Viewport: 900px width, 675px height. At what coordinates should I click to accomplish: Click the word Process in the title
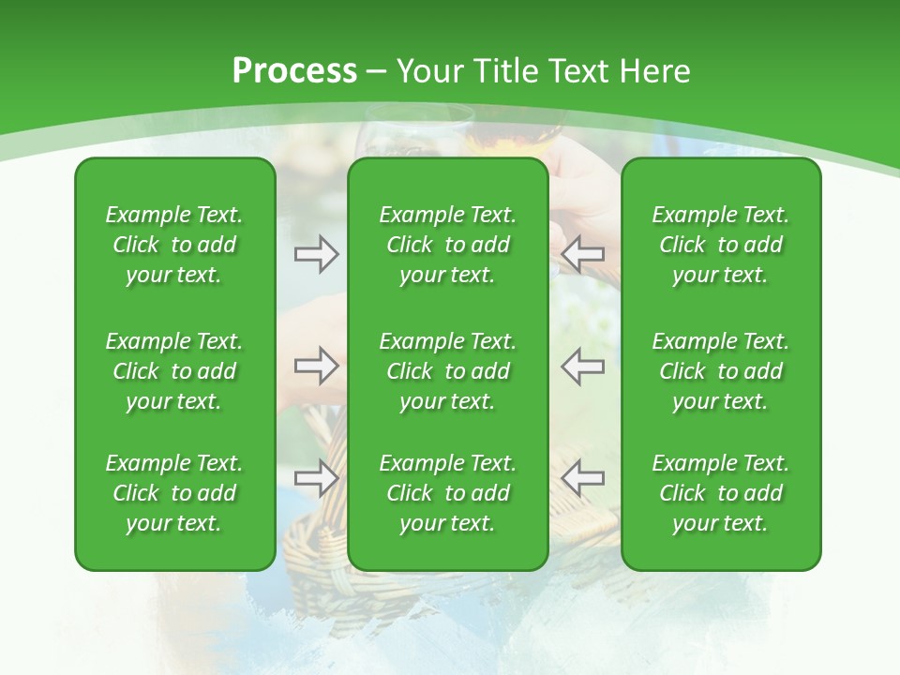(x=294, y=70)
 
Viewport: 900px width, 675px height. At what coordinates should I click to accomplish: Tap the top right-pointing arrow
(x=316, y=253)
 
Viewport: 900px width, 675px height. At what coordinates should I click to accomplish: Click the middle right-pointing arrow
(x=316, y=367)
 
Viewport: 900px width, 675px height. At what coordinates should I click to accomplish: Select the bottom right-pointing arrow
(x=316, y=477)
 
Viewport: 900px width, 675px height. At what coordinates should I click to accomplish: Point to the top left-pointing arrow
(x=583, y=253)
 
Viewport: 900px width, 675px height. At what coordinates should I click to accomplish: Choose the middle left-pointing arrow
(x=583, y=367)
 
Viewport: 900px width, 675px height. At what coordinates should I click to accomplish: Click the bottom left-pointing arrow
(x=583, y=477)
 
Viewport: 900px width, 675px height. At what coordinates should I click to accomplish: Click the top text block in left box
(x=174, y=245)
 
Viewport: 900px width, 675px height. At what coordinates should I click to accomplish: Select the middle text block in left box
(x=174, y=371)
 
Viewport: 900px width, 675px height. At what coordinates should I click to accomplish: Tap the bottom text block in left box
(x=174, y=493)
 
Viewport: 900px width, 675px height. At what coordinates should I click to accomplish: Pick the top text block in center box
(x=447, y=245)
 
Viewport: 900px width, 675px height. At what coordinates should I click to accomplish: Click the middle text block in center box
(x=447, y=371)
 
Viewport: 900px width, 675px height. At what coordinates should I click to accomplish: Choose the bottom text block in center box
(x=447, y=493)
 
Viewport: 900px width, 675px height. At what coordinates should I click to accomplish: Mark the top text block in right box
(x=720, y=245)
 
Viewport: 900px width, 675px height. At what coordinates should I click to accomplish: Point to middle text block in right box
(x=720, y=371)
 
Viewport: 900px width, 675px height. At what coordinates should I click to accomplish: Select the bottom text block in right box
(x=720, y=493)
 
